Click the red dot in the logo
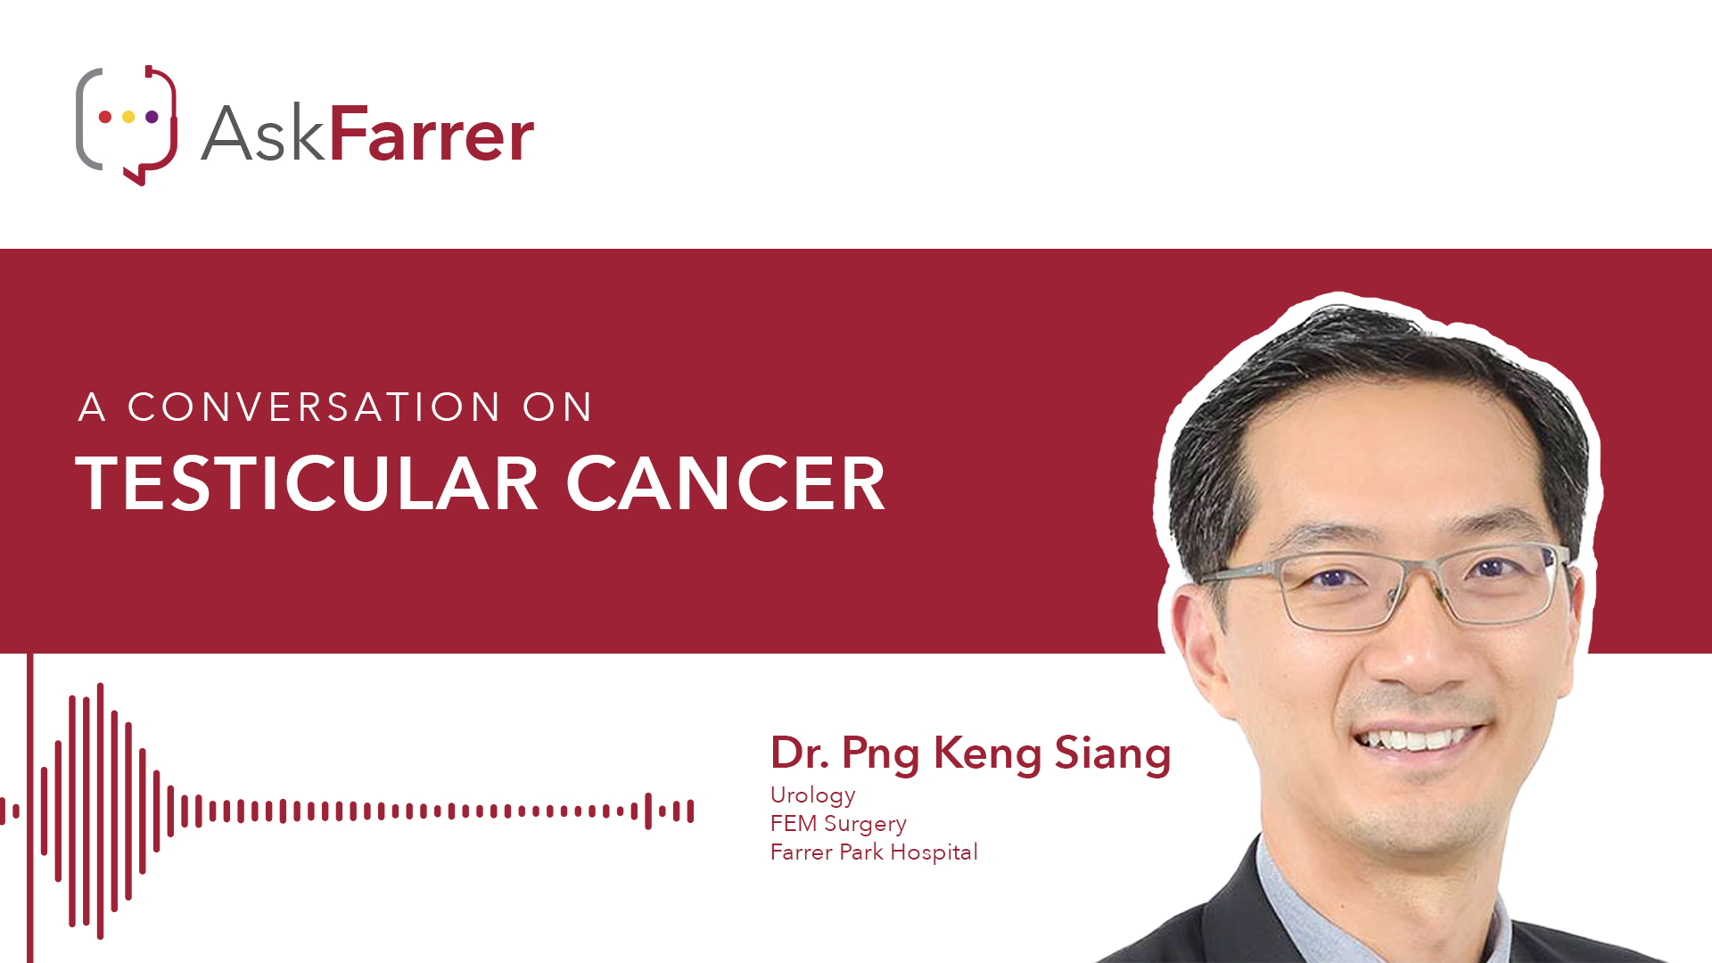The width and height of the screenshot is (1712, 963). [105, 117]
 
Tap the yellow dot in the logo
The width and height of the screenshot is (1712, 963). [128, 117]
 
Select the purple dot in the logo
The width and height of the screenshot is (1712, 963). [152, 117]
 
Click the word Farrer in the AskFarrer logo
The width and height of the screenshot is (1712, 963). [432, 135]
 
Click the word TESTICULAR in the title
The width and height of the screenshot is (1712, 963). [307, 483]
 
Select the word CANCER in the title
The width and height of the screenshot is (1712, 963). [726, 483]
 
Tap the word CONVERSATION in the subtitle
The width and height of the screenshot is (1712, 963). [314, 407]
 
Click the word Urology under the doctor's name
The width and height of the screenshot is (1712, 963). [813, 795]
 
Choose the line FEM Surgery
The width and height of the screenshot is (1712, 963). [838, 824]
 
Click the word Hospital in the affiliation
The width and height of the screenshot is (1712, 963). [934, 852]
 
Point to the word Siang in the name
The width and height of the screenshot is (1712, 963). [1113, 753]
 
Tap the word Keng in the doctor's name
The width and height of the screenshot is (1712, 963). [987, 753]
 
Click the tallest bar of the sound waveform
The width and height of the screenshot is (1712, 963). [100, 811]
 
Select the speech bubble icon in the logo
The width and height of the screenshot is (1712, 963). [127, 125]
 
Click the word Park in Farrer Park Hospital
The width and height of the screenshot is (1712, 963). [861, 852]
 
